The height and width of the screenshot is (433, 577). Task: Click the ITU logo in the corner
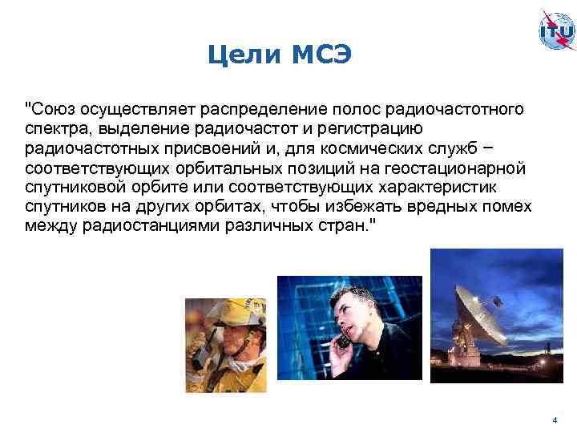556,30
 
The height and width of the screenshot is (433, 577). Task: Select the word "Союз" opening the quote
50,108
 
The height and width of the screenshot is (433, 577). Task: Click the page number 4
553,420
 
